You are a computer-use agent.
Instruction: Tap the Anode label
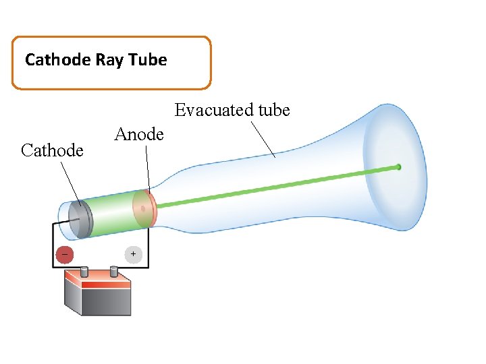click(139, 134)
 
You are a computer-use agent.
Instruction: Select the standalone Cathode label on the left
click(53, 150)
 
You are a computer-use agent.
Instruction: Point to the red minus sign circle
click(65, 255)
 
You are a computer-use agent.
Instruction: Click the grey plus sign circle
click(134, 254)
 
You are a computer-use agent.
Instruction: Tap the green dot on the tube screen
click(398, 166)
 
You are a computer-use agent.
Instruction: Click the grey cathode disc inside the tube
click(81, 218)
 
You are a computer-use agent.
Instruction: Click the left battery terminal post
click(84, 272)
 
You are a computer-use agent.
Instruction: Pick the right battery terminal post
click(114, 272)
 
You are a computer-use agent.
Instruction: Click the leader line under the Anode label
click(148, 168)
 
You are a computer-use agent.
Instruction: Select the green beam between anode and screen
click(270, 187)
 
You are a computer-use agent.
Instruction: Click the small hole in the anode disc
click(142, 209)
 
